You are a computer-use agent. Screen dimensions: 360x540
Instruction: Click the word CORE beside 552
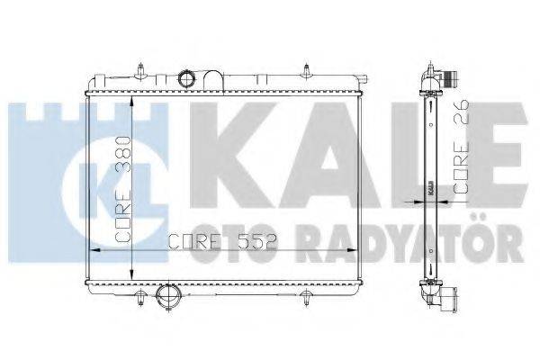pyautogui.click(x=192, y=241)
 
